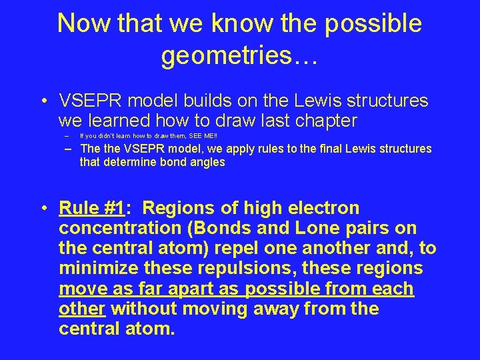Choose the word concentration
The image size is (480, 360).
click(117, 229)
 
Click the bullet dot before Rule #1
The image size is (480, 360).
click(43, 209)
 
